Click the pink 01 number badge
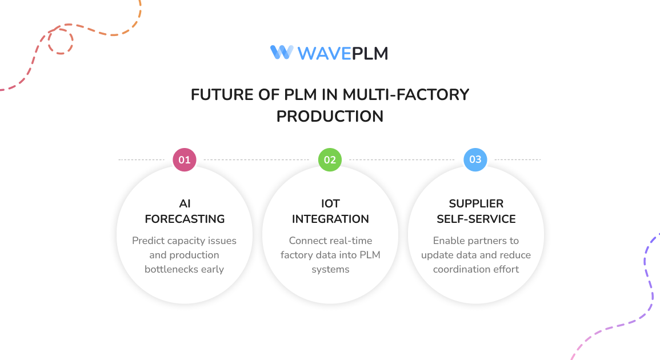(185, 160)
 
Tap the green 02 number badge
(330, 160)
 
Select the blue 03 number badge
(475, 160)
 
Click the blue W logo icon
(282, 53)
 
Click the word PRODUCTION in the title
(330, 116)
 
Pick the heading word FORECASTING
(185, 219)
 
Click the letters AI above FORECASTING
(185, 204)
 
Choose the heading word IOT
(330, 204)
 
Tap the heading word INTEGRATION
(330, 219)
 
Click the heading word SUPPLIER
(476, 204)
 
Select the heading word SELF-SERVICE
(476, 219)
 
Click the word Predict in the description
(148, 241)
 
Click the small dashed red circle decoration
(60, 42)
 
